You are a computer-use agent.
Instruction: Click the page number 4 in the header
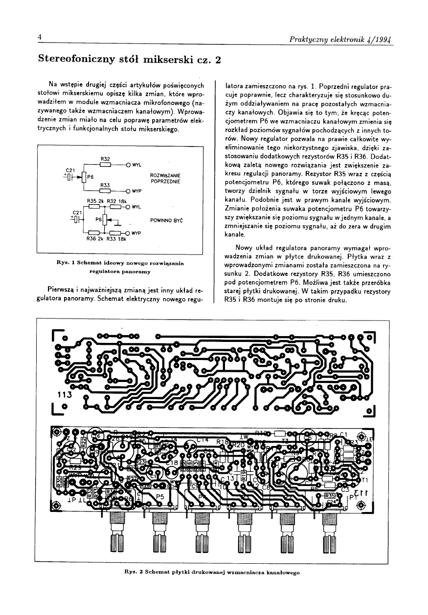click(x=40, y=38)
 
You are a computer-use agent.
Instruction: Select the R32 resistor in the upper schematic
click(x=105, y=164)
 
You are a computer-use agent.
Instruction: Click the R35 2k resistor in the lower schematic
click(x=90, y=207)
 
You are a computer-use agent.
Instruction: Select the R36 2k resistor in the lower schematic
click(x=90, y=233)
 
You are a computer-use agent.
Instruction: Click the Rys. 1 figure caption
click(x=119, y=266)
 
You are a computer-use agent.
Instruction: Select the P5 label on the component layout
click(x=159, y=496)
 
